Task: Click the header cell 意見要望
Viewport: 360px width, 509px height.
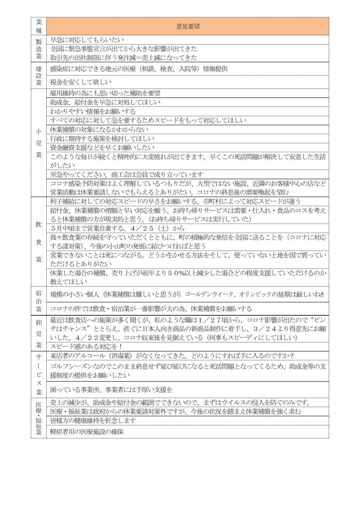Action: point(188,26)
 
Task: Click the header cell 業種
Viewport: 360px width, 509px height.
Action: point(39,26)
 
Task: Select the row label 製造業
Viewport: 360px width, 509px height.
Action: point(39,49)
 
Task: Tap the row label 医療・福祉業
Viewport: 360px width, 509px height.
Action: point(39,418)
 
